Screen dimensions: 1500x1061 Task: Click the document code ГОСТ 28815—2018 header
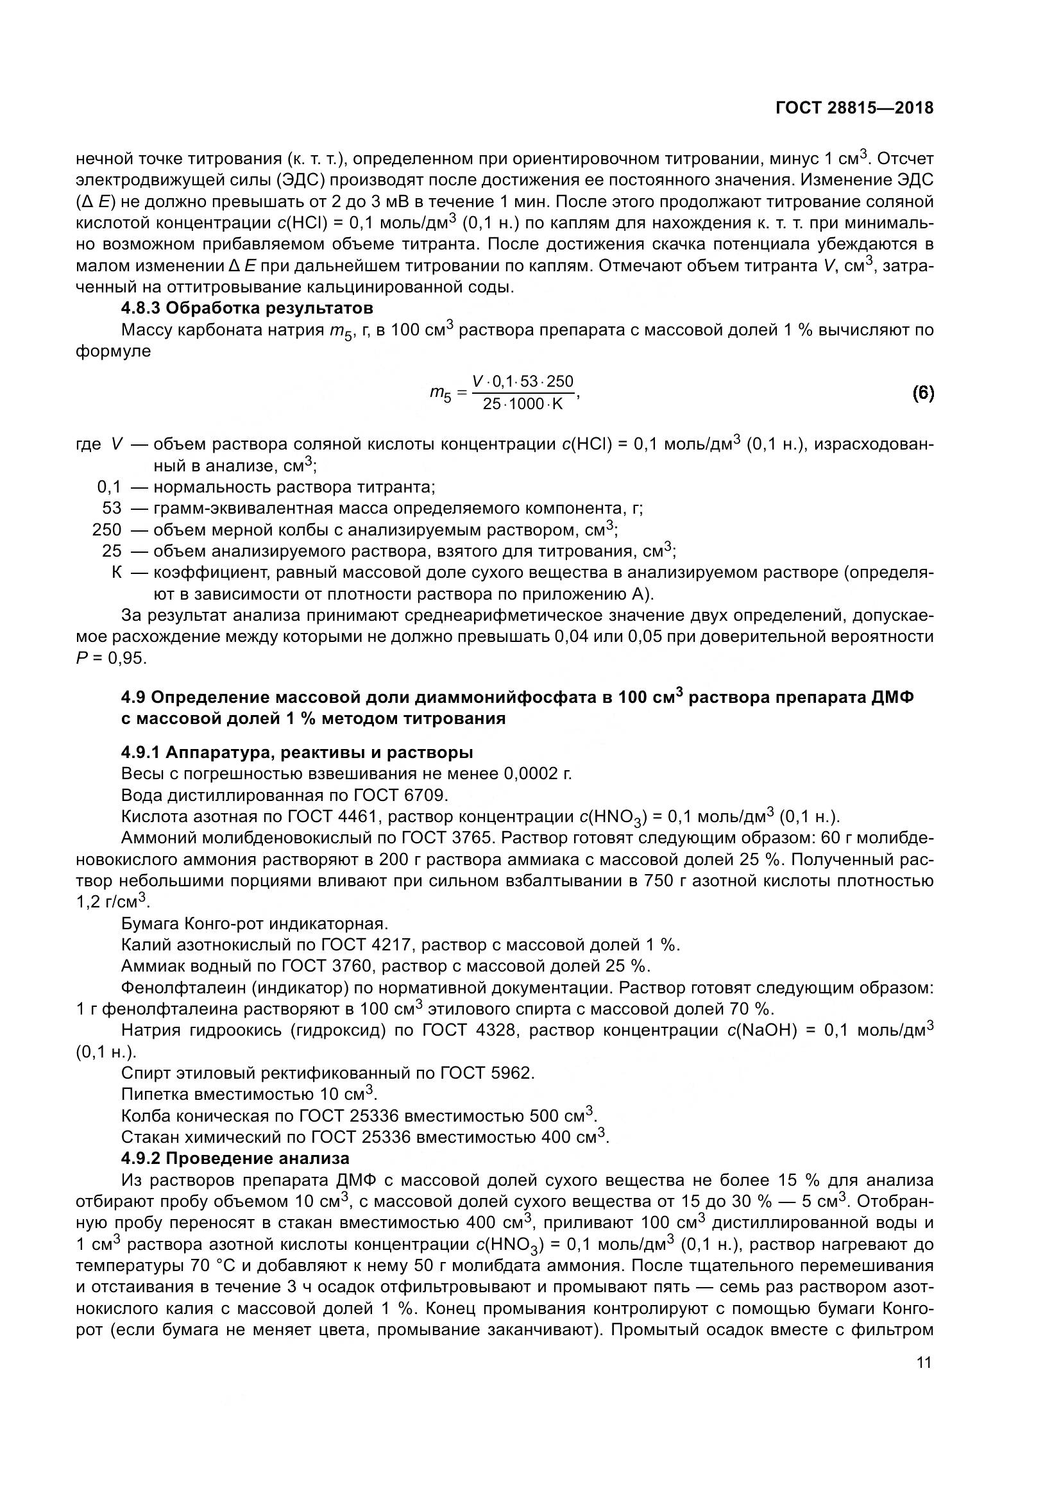[854, 108]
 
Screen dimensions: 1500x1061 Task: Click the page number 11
[924, 1362]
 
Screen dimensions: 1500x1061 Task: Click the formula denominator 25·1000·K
[523, 404]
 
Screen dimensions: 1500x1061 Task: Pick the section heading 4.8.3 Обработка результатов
[247, 308]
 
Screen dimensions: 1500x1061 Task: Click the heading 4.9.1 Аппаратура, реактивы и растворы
[296, 752]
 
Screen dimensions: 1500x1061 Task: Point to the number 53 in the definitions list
[112, 509]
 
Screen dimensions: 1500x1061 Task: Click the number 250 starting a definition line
[107, 529]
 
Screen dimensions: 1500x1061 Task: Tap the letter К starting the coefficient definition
[116, 572]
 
